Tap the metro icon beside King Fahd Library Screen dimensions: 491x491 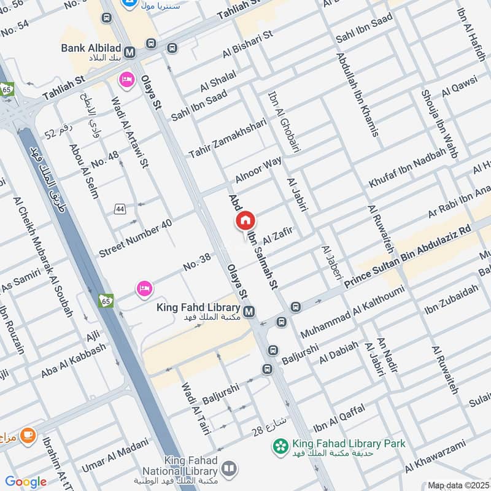[x=249, y=312]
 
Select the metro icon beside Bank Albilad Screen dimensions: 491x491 [x=130, y=53]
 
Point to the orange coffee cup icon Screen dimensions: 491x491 [x=28, y=436]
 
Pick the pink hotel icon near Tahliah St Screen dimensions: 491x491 [x=127, y=80]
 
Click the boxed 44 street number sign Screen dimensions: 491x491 [x=120, y=209]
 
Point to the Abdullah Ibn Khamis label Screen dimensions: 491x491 [x=357, y=95]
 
